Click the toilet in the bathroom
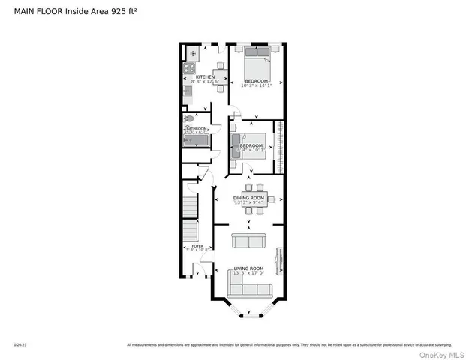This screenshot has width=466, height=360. coord(190,118)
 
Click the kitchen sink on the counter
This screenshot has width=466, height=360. coord(188,92)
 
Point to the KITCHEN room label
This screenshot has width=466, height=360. coord(205,76)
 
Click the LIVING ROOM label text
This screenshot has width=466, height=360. coord(248,268)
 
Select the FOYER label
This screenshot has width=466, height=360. coord(197,245)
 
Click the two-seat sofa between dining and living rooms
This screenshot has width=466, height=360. coord(248,241)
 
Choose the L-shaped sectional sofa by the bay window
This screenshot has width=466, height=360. coord(247,288)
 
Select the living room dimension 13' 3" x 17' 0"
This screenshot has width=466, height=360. coord(248,274)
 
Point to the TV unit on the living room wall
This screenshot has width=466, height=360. coord(279,260)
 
